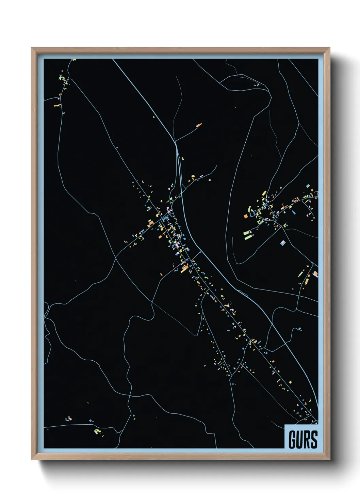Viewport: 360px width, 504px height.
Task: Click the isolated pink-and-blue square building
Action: click(x=282, y=243)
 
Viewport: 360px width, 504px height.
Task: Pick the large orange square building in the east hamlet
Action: click(x=246, y=216)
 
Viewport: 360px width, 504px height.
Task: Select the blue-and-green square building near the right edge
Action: click(x=308, y=186)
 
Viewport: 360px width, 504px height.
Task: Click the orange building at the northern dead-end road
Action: click(x=199, y=125)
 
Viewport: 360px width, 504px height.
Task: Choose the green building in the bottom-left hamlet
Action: click(x=97, y=431)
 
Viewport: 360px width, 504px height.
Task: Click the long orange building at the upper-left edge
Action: click(x=57, y=106)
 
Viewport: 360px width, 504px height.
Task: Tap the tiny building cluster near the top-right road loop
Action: click(x=257, y=84)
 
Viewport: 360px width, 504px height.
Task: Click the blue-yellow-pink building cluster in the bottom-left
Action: click(x=69, y=419)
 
